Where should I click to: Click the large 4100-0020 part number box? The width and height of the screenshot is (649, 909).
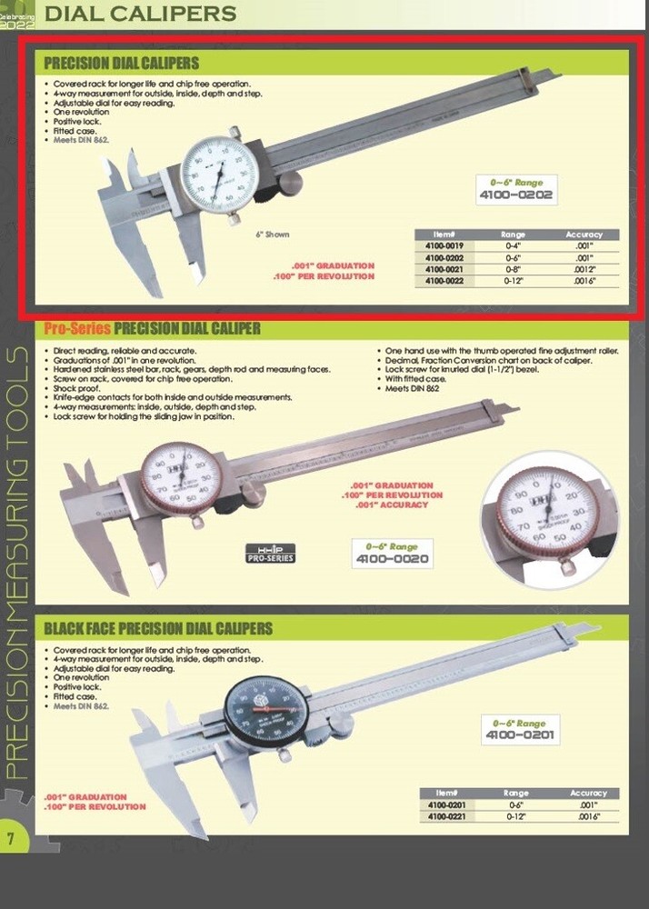point(393,553)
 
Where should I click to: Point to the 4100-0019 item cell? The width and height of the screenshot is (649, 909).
point(445,245)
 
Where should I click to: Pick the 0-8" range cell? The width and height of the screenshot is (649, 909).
point(514,270)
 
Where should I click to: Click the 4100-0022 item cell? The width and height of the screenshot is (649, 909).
point(445,282)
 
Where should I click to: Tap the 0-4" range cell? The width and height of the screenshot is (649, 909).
point(514,245)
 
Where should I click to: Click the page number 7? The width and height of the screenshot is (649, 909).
point(11,836)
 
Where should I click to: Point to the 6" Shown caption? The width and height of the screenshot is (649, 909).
point(272,235)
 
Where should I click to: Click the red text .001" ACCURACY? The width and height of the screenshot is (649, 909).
point(392,504)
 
